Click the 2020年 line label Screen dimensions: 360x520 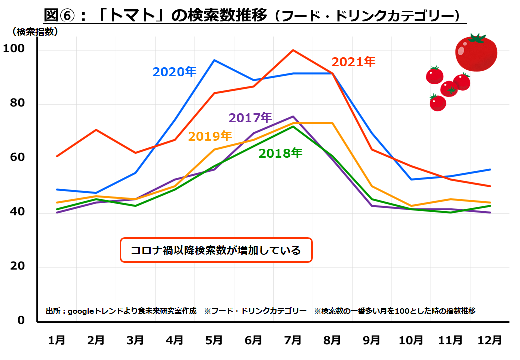[x=174, y=72]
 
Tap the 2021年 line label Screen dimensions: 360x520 [x=353, y=62]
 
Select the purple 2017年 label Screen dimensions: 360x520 [x=250, y=118]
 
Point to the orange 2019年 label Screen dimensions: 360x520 [x=210, y=136]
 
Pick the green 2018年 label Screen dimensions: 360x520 [x=280, y=153]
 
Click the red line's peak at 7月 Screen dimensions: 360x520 [x=293, y=50]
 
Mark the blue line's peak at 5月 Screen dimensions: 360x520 [x=214, y=60]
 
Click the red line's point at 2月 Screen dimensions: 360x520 [x=96, y=130]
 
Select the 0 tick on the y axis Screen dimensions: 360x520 [x=21, y=320]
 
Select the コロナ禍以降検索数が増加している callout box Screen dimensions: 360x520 [x=216, y=250]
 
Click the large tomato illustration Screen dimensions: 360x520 [x=476, y=52]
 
